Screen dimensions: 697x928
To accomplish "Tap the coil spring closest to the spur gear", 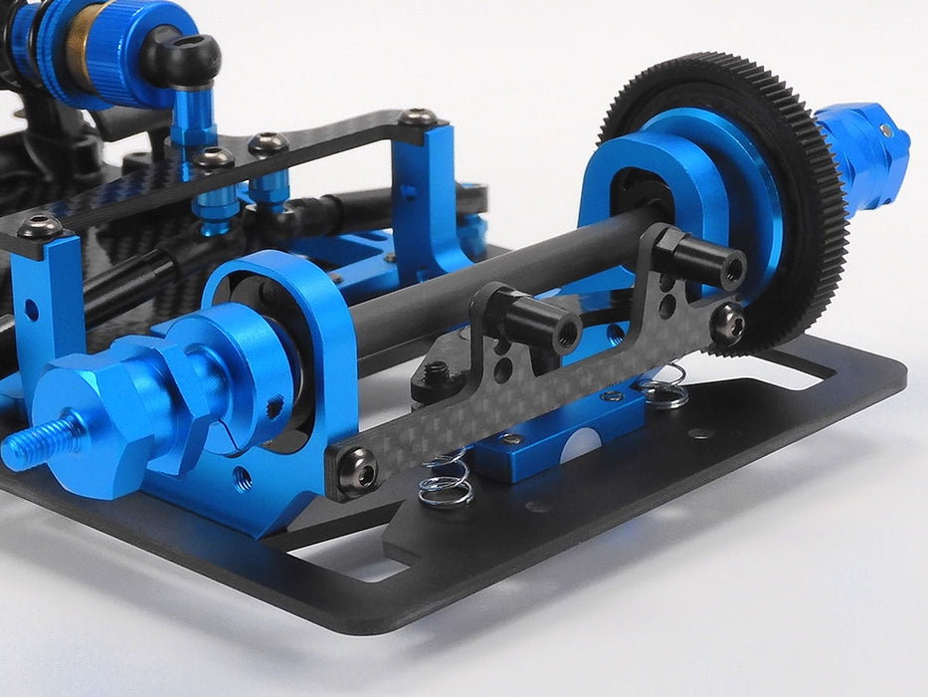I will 664,387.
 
